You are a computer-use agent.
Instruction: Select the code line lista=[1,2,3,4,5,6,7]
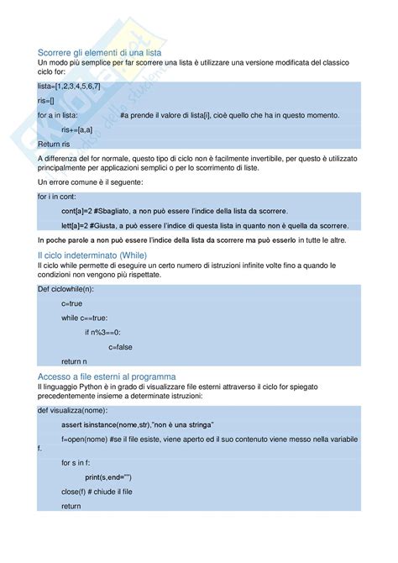click(x=71, y=87)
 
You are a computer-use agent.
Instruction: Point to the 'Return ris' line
click(x=55, y=144)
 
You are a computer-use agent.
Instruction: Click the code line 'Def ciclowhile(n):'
click(x=66, y=289)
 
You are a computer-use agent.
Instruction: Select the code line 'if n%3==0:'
click(x=102, y=332)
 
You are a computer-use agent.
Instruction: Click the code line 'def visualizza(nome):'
click(x=72, y=410)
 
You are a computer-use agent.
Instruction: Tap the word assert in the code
click(x=72, y=425)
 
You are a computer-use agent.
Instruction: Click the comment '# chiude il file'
click(x=111, y=491)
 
